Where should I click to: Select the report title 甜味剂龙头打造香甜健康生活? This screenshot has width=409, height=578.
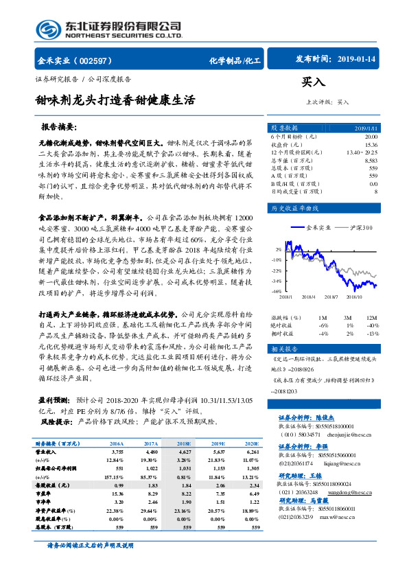115,100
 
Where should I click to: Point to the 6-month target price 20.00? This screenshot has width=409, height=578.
370,137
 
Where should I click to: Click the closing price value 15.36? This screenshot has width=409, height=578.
371,144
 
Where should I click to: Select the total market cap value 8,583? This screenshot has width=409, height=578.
371,159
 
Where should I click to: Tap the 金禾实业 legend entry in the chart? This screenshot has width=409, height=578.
315,227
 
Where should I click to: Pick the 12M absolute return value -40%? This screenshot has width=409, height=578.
371,326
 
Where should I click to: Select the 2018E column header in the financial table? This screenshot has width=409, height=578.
184,444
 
